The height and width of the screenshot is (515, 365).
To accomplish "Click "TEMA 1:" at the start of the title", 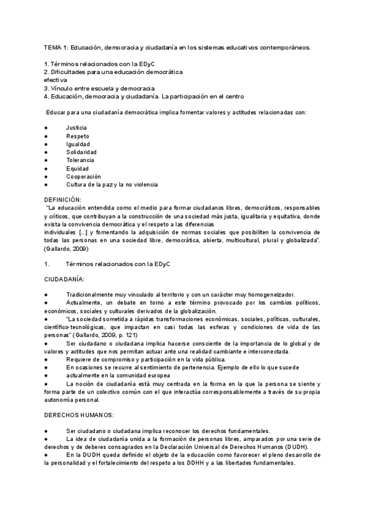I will pos(56,47).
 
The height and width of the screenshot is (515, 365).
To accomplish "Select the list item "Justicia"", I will pos(76,128).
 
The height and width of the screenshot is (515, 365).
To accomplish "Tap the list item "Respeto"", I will pos(77,136).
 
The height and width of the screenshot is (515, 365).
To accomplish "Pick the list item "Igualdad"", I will pos(78,144).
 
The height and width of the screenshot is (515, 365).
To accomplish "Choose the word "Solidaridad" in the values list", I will pos(82,152).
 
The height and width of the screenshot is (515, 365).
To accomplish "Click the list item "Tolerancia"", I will pos(80,160).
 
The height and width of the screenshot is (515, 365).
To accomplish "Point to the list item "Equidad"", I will pos(77,168).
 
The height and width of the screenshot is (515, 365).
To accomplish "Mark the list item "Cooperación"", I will pos(83,176).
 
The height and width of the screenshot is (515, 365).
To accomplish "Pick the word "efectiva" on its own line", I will pos(55,80).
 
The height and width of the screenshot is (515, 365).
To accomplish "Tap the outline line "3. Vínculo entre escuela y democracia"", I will pos(99,88).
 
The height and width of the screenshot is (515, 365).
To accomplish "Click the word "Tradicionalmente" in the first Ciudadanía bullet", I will pos(91,295).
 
